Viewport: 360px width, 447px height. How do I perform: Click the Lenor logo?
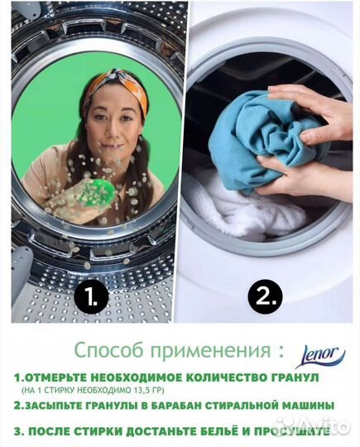(319, 357)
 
